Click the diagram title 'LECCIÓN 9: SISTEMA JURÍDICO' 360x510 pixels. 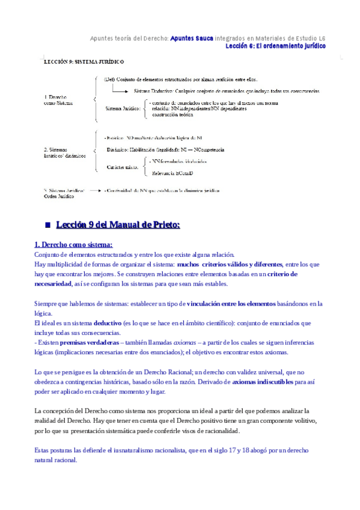click(x=84, y=61)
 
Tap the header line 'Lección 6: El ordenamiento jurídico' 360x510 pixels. click(x=276, y=46)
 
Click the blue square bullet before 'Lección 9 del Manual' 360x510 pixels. click(x=47, y=225)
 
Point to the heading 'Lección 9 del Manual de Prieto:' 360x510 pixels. click(x=118, y=225)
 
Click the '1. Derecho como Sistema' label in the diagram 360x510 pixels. click(x=58, y=100)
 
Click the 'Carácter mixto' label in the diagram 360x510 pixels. click(x=122, y=166)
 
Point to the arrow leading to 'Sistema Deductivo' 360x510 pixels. click(x=123, y=91)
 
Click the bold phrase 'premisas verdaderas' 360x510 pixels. click(x=88, y=342)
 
